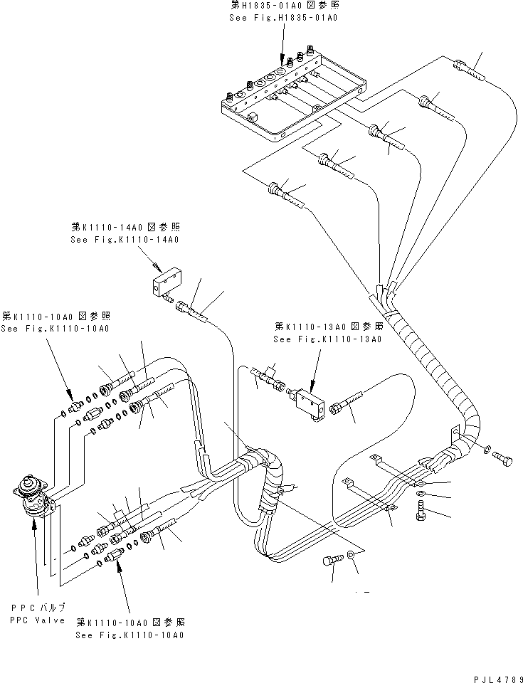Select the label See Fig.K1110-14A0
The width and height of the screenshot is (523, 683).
point(125,240)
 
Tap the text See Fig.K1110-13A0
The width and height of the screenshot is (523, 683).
point(328,339)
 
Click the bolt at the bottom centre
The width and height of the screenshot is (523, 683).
point(330,561)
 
